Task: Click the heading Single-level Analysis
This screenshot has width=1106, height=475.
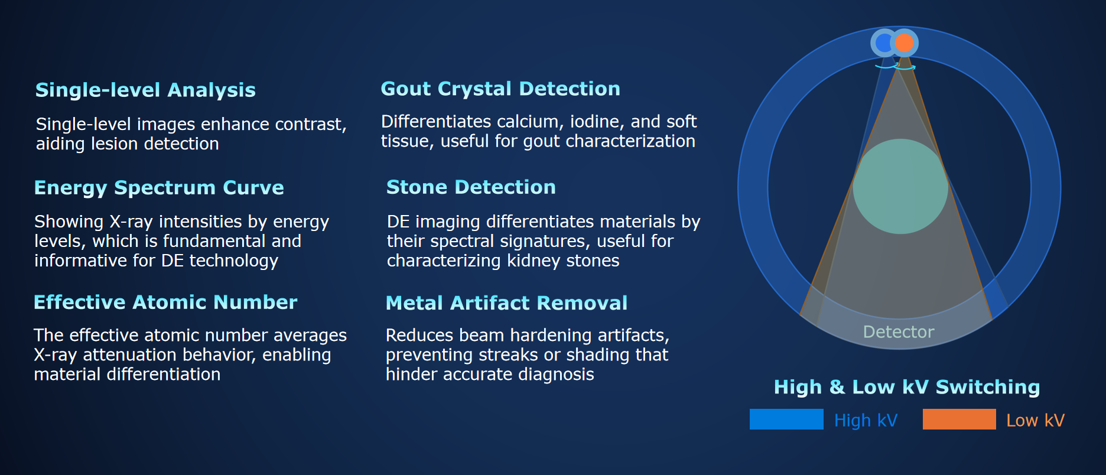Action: [145, 90]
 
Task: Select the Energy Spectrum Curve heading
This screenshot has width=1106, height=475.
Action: [159, 188]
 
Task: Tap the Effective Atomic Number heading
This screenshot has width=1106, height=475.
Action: [165, 302]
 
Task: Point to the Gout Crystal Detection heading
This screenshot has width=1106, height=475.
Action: [500, 89]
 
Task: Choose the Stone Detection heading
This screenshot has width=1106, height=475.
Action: [471, 187]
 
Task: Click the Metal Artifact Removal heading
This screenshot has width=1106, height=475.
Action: [506, 303]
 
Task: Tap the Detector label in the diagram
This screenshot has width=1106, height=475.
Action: [899, 332]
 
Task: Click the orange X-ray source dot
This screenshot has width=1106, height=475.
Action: [905, 43]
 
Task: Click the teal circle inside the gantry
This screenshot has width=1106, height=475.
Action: [900, 187]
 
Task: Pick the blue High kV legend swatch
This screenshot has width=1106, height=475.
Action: [786, 419]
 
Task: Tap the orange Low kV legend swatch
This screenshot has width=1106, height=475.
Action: [959, 419]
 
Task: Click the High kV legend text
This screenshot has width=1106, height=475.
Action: [866, 420]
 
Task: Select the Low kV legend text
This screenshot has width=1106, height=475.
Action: [1035, 420]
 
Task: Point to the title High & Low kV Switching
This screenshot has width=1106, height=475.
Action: [907, 387]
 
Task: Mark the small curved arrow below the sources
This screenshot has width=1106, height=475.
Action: [896, 67]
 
